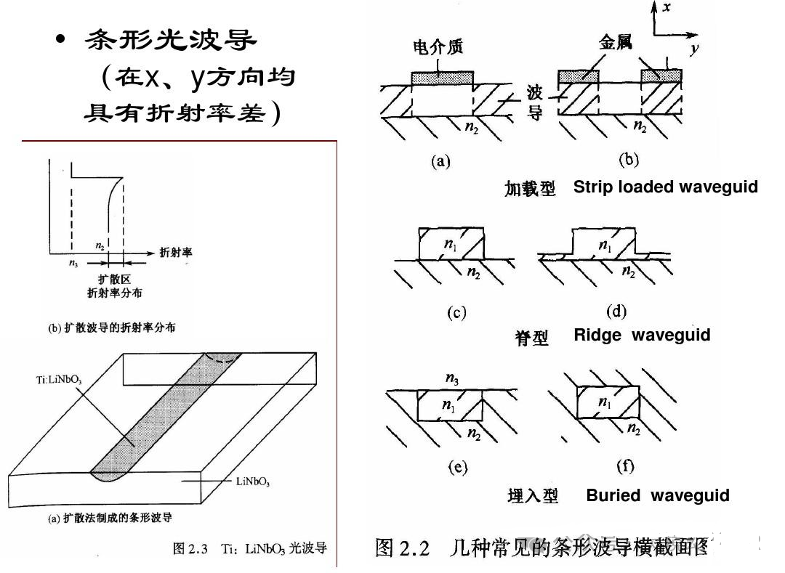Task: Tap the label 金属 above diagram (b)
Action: [x=615, y=43]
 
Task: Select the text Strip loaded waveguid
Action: [x=665, y=187]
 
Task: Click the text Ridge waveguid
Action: [x=642, y=335]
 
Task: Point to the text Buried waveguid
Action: [x=657, y=495]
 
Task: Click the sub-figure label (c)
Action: [x=456, y=313]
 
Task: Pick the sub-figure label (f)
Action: [x=625, y=466]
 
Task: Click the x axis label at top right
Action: [x=667, y=8]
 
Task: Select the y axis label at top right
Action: [x=696, y=49]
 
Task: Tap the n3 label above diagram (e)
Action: [x=451, y=379]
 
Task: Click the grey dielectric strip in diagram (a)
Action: [x=442, y=77]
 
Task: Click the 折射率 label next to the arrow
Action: [x=175, y=253]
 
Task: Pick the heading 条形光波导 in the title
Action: [x=172, y=40]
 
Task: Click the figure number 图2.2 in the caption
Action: [x=403, y=547]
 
